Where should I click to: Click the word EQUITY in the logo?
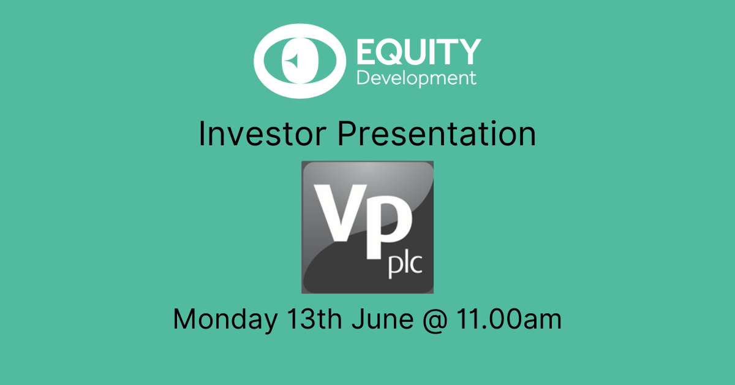point(419,51)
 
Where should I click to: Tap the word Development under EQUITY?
point(417,78)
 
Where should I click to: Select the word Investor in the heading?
point(263,134)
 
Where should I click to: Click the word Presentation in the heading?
point(437,134)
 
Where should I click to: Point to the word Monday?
point(225,319)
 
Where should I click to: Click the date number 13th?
point(314,319)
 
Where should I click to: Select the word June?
point(382,319)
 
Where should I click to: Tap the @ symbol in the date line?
point(435,320)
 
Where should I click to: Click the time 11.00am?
point(509,319)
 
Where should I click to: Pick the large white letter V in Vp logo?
point(341,213)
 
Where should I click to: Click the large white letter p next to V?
point(389,227)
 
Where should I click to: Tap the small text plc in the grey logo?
point(405,265)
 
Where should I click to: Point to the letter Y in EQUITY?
point(468,51)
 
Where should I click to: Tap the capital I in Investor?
point(202,134)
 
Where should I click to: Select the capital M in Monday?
point(185,319)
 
